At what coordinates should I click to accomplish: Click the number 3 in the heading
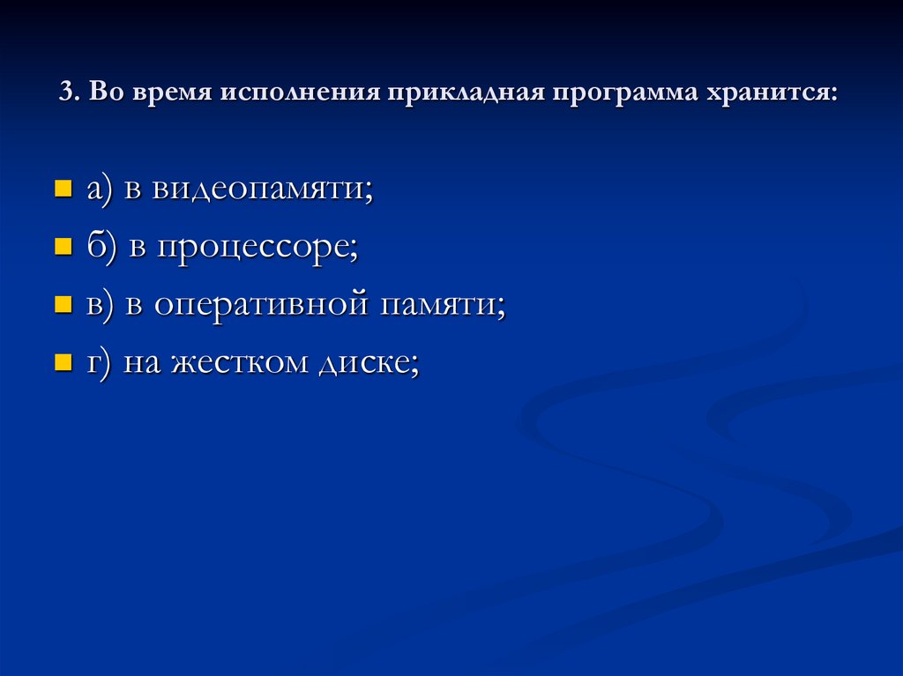click(65, 93)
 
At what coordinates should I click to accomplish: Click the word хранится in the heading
click(769, 93)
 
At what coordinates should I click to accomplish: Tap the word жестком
click(235, 362)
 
